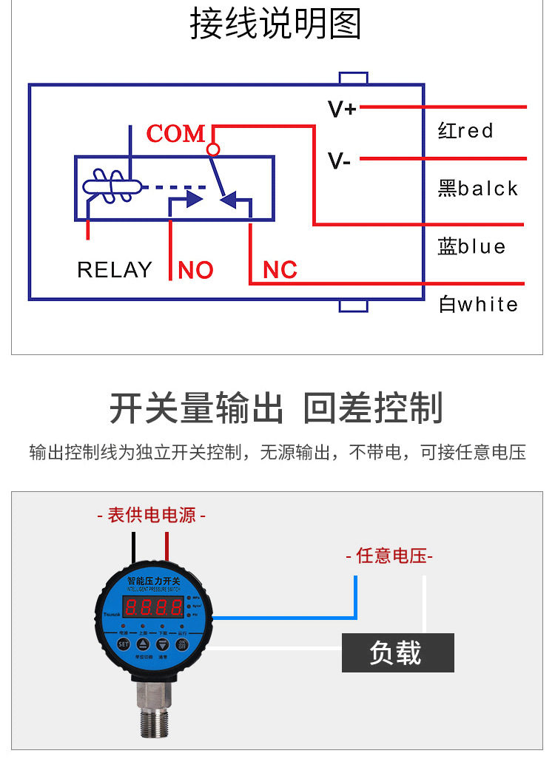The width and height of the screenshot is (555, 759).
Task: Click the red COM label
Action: click(176, 134)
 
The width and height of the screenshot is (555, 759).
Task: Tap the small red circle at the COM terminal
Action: click(213, 149)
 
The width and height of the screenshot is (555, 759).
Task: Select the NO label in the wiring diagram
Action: click(195, 270)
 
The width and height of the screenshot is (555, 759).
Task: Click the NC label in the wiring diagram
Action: click(280, 270)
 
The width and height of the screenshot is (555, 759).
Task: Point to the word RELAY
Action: click(115, 270)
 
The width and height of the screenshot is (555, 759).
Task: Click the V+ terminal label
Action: click(342, 109)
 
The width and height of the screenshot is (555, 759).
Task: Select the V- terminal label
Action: click(339, 161)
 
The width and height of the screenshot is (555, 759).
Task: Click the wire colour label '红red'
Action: click(465, 132)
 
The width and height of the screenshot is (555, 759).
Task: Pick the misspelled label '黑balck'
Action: click(477, 189)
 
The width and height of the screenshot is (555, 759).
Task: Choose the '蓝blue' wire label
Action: click(471, 246)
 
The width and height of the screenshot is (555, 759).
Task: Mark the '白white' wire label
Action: click(478, 304)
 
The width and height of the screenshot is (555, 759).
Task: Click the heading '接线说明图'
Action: click(275, 24)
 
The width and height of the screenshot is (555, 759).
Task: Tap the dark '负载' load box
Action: click(397, 652)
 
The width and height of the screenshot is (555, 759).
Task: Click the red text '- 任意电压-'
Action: click(389, 556)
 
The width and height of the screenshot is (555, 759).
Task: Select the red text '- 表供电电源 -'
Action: click(152, 515)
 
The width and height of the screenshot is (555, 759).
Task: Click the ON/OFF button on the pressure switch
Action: click(181, 644)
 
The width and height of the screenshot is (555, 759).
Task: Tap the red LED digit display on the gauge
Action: click(154, 609)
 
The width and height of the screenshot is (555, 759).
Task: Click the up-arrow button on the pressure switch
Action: click(143, 644)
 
